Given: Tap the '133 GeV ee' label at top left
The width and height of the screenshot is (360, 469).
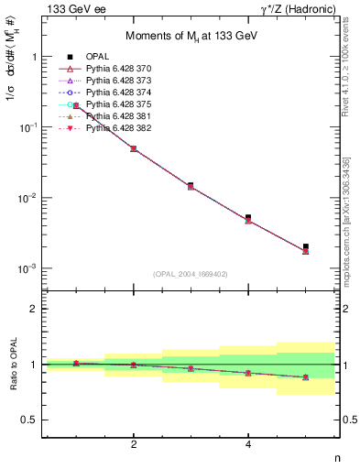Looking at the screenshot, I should click(69, 9).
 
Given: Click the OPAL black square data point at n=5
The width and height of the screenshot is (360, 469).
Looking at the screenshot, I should click(306, 246).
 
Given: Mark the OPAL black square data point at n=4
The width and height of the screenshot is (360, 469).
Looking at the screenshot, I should click(248, 218).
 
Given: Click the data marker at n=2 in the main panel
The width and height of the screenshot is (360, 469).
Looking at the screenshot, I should click(134, 148).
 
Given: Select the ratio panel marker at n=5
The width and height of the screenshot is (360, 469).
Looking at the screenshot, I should click(306, 377).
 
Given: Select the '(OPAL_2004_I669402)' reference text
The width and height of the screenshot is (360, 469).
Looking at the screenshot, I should click(191, 273).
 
